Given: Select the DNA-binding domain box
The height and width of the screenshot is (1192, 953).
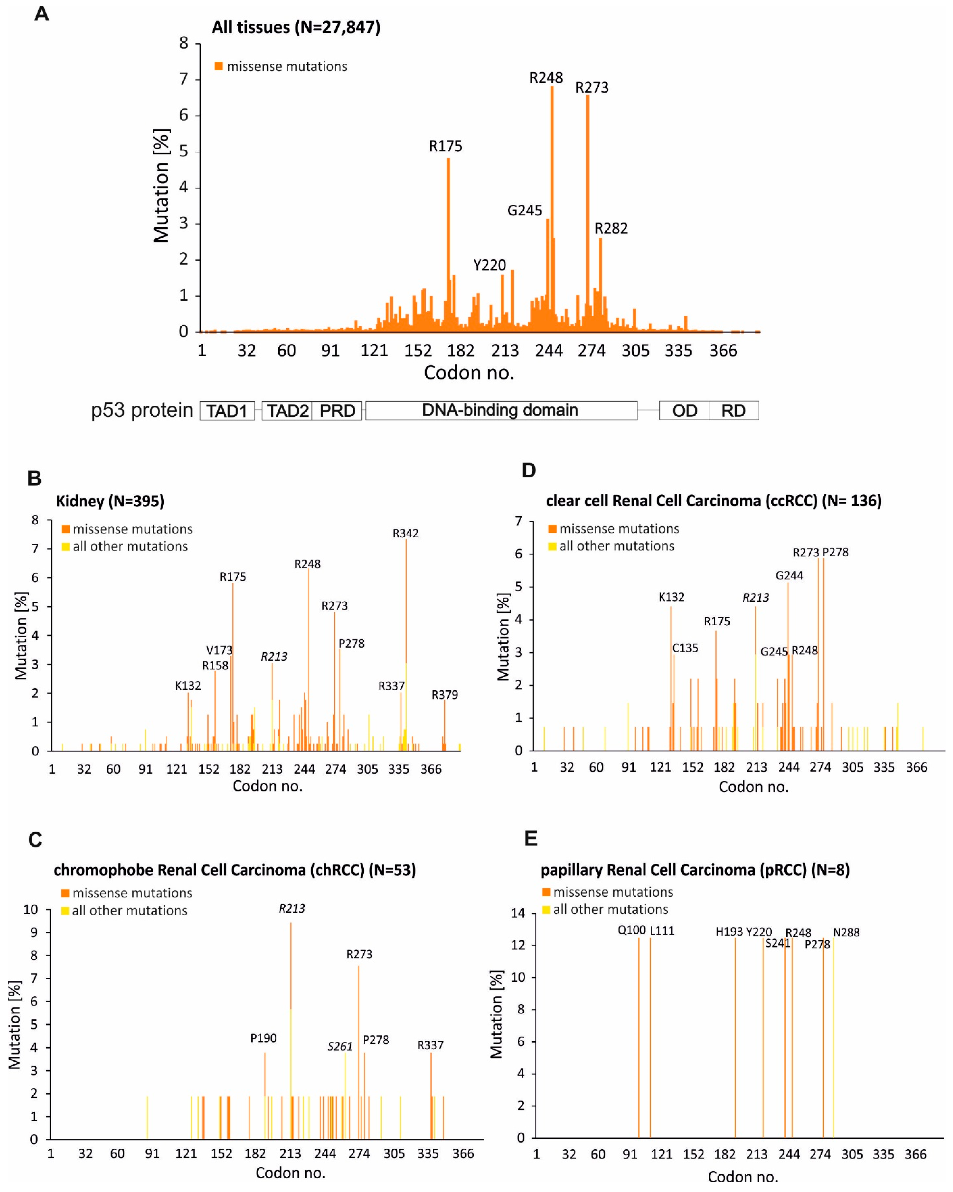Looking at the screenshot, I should pos(500,410).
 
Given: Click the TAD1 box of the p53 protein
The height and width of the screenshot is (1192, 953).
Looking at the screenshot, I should pos(227,411).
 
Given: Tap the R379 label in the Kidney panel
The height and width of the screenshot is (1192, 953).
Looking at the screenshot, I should pos(445,695).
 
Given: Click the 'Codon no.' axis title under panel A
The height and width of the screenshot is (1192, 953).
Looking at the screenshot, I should pos(469,373).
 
